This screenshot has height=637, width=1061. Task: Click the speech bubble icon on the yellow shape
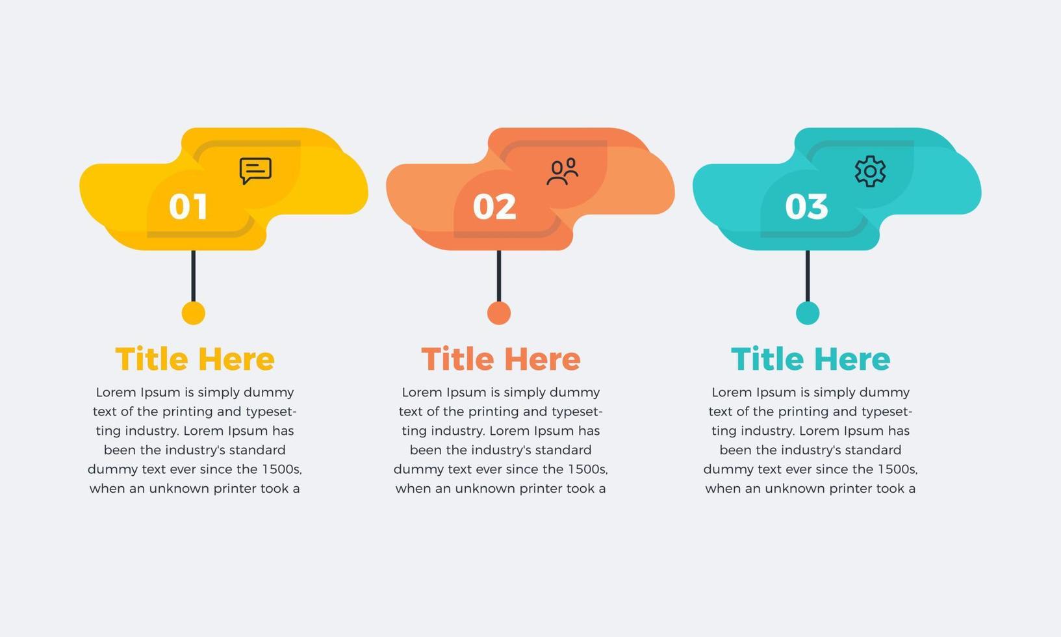tap(255, 171)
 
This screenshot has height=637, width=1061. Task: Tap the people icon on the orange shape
tap(562, 172)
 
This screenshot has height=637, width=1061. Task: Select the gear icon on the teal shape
tap(870, 172)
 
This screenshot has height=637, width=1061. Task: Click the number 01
tap(188, 207)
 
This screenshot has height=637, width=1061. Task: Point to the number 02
tap(494, 207)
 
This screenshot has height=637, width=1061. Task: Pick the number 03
tap(806, 207)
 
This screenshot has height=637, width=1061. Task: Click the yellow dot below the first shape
tap(193, 313)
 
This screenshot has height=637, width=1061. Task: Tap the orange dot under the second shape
tap(499, 313)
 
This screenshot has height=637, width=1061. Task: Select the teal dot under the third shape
tap(808, 313)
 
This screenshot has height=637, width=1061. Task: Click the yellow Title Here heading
tap(195, 359)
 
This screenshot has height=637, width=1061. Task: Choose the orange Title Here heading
tap(501, 359)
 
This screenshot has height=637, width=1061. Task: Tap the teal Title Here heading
tap(810, 359)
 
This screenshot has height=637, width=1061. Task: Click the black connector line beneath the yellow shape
tap(193, 276)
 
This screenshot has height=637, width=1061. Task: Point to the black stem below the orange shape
tap(499, 276)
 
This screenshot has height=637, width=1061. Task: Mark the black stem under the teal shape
tap(808, 276)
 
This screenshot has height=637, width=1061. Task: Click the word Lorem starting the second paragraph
tap(420, 393)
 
